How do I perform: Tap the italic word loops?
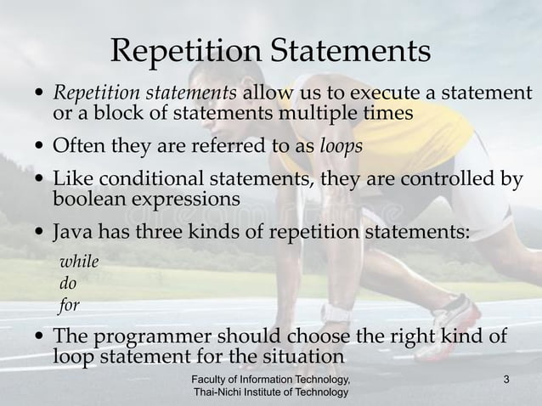point(342,145)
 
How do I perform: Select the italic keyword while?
point(78,262)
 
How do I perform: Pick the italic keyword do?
point(67,284)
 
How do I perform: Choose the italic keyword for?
point(69,306)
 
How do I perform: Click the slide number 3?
point(506,379)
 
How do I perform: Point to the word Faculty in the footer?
point(212,379)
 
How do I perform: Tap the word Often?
point(78,145)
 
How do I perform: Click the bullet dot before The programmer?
point(42,336)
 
